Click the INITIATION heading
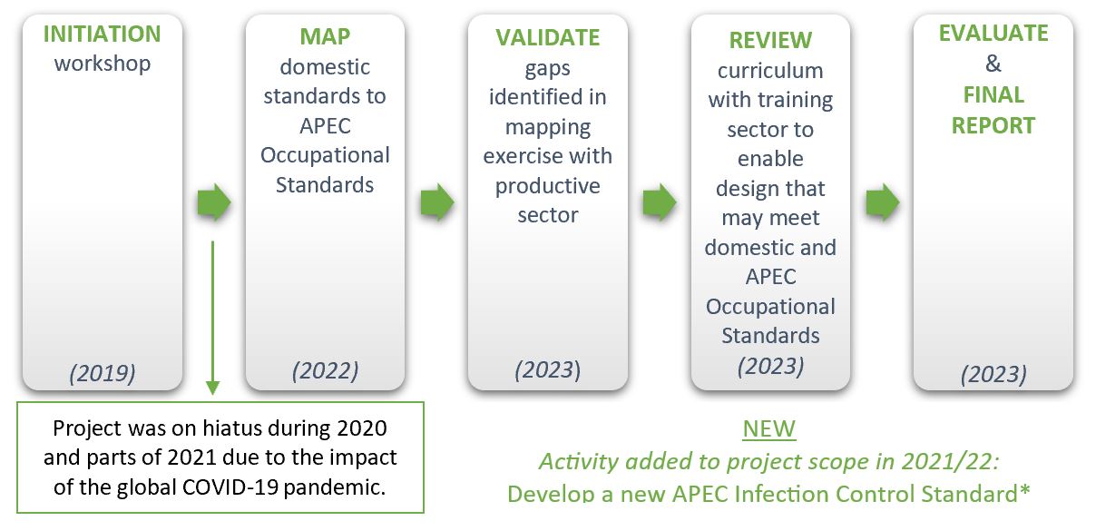(x=102, y=34)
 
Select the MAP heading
(x=325, y=36)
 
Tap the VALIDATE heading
(x=547, y=38)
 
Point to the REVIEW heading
(x=770, y=40)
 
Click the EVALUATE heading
(x=993, y=34)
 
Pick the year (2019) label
(x=103, y=373)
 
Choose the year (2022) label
(x=326, y=370)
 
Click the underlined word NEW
(x=769, y=429)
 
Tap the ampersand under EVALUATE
(x=993, y=64)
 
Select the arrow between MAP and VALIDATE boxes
(x=437, y=202)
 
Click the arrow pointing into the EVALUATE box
(x=883, y=202)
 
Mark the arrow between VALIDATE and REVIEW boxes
(x=660, y=202)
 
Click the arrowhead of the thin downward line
(x=213, y=388)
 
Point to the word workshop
(x=103, y=64)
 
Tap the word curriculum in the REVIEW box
(x=770, y=71)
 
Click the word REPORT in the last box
(x=993, y=126)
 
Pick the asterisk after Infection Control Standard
(x=1024, y=489)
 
